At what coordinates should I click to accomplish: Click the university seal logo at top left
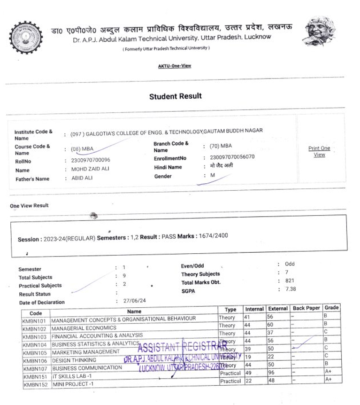(26, 37)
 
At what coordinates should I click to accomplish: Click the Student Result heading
(176, 96)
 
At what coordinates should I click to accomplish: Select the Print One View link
(319, 151)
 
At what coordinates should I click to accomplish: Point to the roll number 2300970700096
(91, 160)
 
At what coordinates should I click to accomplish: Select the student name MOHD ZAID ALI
(90, 169)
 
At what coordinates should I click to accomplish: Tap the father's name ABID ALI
(82, 179)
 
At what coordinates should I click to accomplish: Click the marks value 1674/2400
(213, 235)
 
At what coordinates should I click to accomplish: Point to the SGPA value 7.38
(291, 289)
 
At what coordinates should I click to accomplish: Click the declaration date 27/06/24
(135, 301)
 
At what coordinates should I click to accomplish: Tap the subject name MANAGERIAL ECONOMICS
(84, 328)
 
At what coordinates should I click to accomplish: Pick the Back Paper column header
(306, 308)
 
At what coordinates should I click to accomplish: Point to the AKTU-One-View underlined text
(175, 66)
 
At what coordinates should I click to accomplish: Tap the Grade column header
(331, 308)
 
